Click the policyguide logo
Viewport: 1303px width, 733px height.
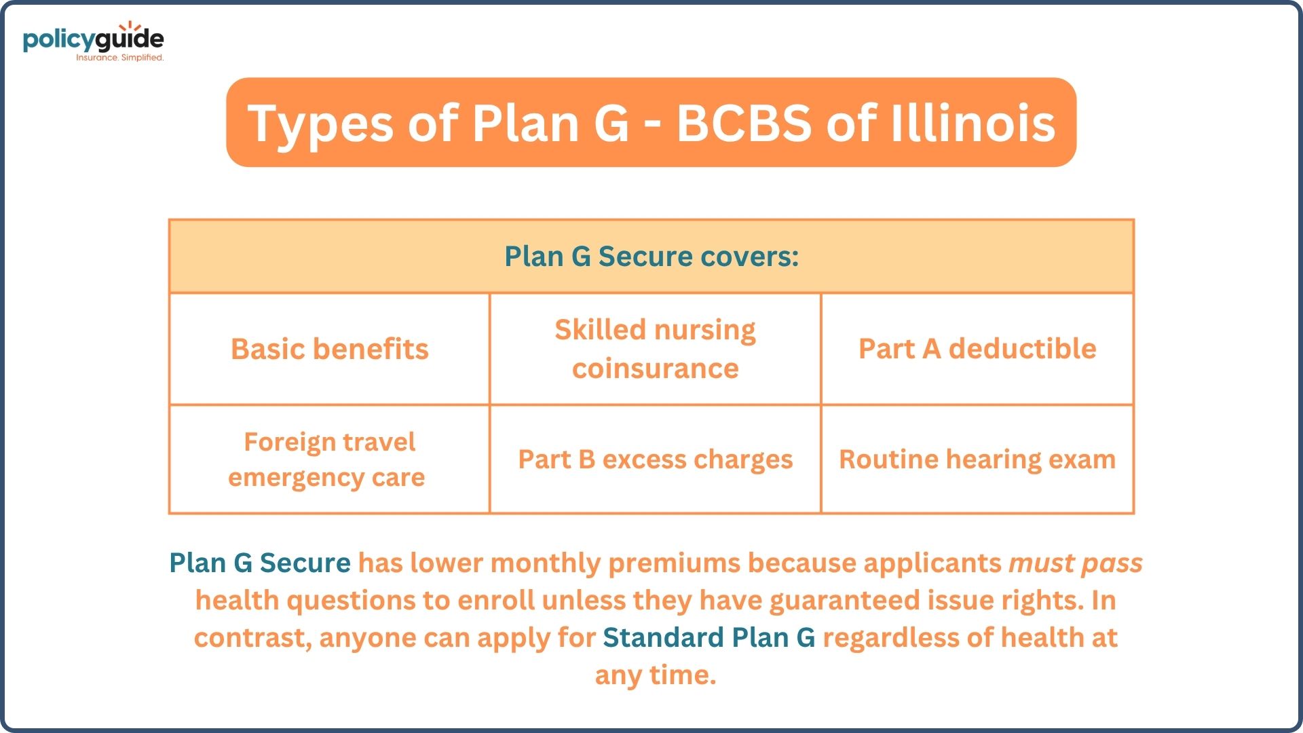[94, 41]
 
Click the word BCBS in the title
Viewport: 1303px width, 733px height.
[744, 124]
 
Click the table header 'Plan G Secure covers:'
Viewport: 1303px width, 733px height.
[651, 257]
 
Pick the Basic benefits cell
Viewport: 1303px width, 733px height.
[330, 349]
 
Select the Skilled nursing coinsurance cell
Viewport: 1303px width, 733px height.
[655, 349]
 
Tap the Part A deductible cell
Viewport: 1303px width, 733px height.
[977, 349]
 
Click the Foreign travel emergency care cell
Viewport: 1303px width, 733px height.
[330, 459]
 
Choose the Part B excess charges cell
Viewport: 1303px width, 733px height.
[655, 459]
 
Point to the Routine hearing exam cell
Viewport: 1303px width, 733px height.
[977, 459]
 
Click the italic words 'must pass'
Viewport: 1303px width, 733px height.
[1076, 563]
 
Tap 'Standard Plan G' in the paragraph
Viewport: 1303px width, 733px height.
[709, 637]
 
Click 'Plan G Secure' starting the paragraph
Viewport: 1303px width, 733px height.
[260, 563]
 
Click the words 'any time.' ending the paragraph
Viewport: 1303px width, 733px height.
[656, 675]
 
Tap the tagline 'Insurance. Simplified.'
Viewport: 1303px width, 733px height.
[120, 58]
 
